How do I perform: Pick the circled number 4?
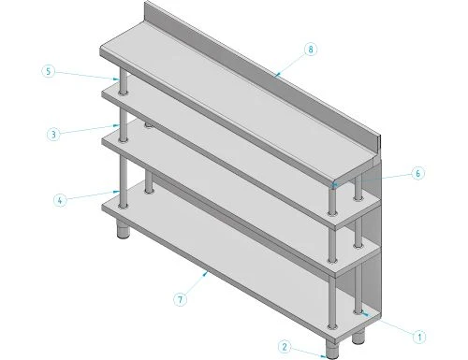[61, 199]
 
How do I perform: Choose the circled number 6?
[417, 173]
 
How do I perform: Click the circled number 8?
[311, 48]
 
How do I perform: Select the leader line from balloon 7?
[197, 285]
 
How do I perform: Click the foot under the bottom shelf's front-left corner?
[124, 230]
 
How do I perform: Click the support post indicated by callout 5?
[120, 82]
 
